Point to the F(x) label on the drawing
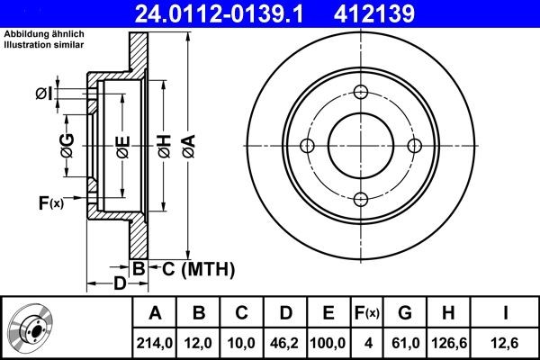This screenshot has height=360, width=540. point(51,202)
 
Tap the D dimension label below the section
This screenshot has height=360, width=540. point(119,285)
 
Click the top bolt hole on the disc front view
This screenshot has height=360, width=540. point(360,92)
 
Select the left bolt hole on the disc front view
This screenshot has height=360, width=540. point(306,146)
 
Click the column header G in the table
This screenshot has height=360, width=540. point(404,312)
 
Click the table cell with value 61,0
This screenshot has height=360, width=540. point(404,342)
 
